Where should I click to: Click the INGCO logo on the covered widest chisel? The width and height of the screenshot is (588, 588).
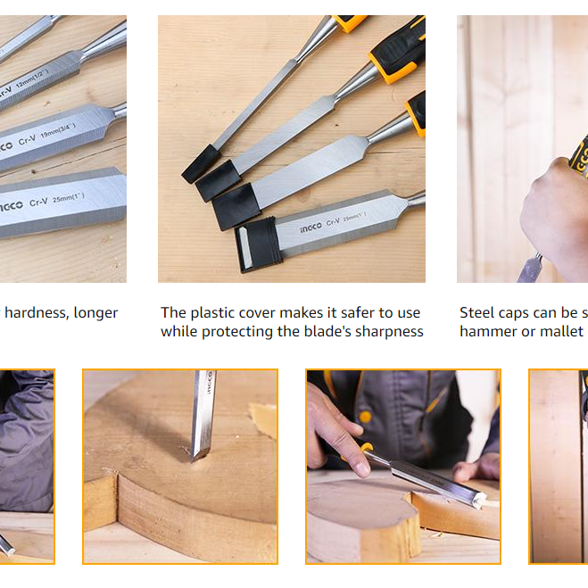point(310,227)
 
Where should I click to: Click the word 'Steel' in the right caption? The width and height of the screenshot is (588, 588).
point(477,312)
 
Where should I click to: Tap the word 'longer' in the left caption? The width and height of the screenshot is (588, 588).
point(95,312)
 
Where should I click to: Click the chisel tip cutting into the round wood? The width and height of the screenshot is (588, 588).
point(195,452)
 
